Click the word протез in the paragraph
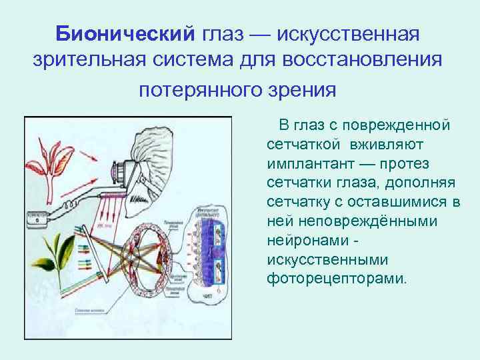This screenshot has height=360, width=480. (407, 164)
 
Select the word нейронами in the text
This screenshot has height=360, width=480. (305, 240)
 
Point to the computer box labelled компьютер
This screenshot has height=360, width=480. (40, 216)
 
